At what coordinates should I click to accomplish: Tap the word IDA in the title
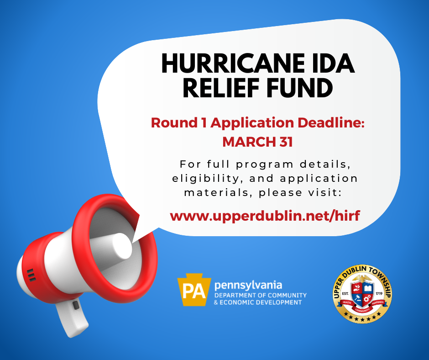[332, 64]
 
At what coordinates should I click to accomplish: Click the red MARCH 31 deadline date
[257, 142]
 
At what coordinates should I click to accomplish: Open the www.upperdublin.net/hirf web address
[265, 216]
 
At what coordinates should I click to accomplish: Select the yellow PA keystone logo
[194, 292]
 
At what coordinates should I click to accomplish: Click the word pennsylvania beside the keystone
[248, 286]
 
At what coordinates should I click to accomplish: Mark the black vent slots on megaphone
[31, 275]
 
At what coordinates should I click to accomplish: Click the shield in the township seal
[362, 293]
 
